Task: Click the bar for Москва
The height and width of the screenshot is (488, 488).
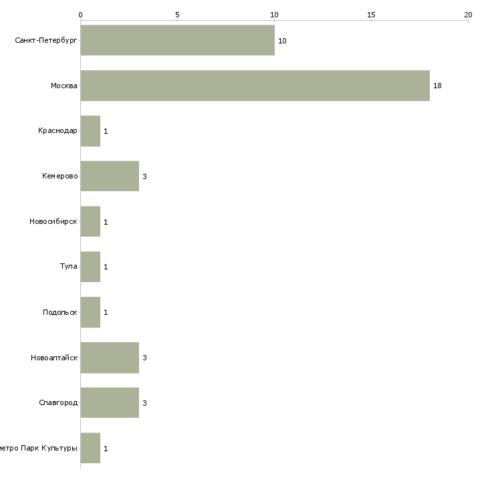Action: tap(255, 86)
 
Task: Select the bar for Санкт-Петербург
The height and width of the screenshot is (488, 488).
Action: tap(177, 41)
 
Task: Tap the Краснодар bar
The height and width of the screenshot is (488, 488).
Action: tap(90, 131)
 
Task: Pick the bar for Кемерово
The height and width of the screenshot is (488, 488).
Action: tap(110, 176)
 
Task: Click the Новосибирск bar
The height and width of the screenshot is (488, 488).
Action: tap(90, 221)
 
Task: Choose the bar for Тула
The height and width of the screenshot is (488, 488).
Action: tap(90, 267)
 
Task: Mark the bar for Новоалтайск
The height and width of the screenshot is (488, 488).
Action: tap(110, 358)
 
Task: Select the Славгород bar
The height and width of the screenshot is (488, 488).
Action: tap(110, 402)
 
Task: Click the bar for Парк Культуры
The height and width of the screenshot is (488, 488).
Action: tap(90, 448)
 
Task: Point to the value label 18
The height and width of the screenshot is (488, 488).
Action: tap(437, 86)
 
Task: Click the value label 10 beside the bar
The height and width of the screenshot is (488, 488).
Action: tap(282, 41)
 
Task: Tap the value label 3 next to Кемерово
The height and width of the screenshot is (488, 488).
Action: tap(144, 177)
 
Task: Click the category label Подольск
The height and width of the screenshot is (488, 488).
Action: tap(60, 312)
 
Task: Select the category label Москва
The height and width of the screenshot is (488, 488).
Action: tap(64, 86)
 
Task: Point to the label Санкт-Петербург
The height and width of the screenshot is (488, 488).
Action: tap(46, 41)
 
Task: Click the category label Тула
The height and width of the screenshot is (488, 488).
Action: tap(69, 267)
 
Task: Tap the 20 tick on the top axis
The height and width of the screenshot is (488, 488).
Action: tap(468, 14)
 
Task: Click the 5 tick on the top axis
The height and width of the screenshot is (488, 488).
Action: tap(177, 14)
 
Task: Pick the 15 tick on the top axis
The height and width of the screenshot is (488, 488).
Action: tap(371, 14)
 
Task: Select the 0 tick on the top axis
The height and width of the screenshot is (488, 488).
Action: tap(80, 14)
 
